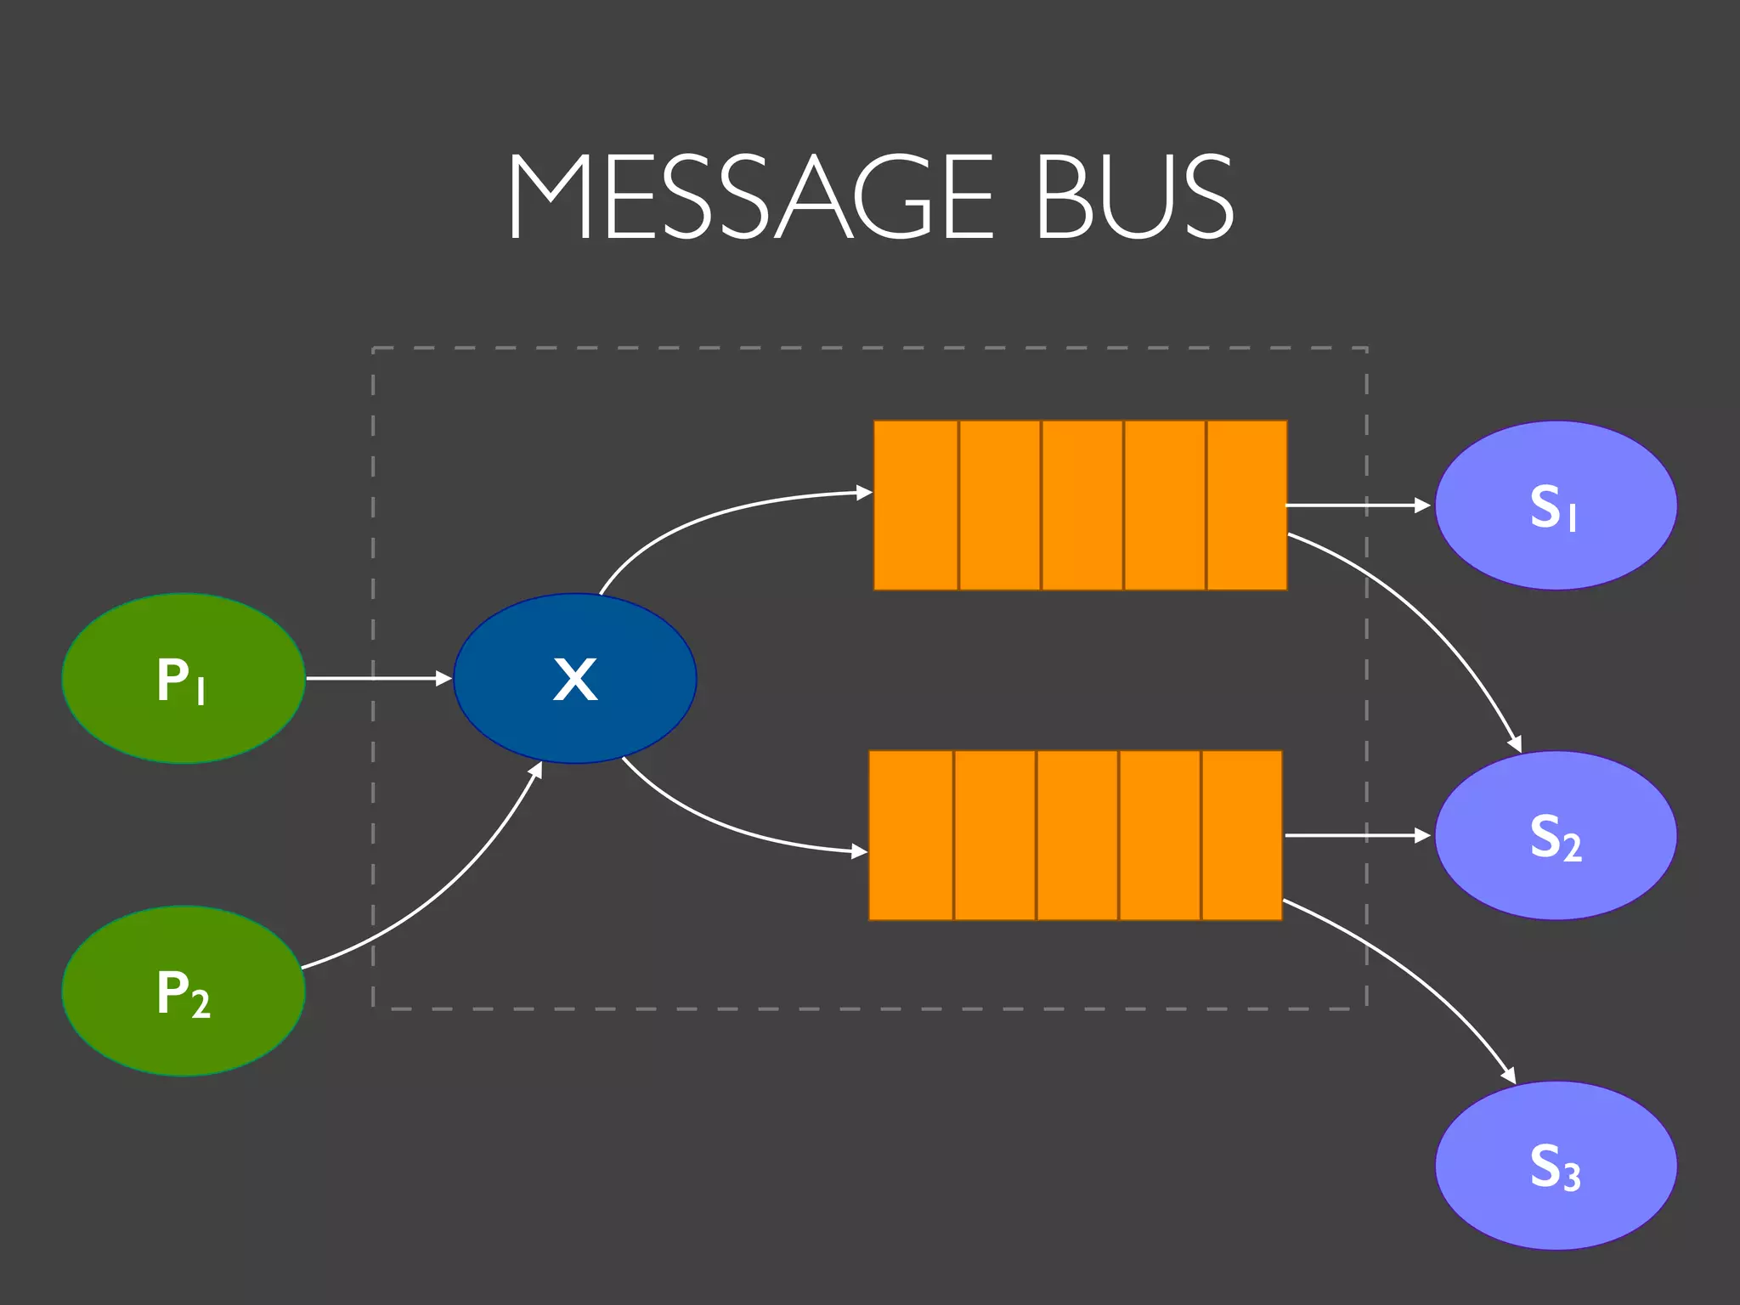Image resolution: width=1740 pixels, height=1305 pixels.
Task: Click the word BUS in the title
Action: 1134,197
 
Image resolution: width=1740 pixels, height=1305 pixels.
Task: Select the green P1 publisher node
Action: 184,678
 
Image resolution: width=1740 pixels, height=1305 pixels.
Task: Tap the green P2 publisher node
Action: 184,991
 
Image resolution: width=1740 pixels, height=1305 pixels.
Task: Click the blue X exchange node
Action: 575,678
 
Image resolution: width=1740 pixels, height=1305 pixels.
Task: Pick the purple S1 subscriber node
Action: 1556,506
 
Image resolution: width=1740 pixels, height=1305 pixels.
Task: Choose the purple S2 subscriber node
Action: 1556,835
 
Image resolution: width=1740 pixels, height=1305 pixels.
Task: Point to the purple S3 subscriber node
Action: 1556,1165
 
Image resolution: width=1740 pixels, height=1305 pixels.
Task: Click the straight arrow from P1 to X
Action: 378,678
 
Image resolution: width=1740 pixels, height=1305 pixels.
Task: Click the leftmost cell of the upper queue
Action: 916,506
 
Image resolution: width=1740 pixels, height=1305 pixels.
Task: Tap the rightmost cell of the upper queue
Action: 1246,506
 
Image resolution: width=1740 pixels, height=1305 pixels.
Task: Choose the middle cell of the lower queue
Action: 1077,835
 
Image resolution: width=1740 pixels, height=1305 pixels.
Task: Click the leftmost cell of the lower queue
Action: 911,835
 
